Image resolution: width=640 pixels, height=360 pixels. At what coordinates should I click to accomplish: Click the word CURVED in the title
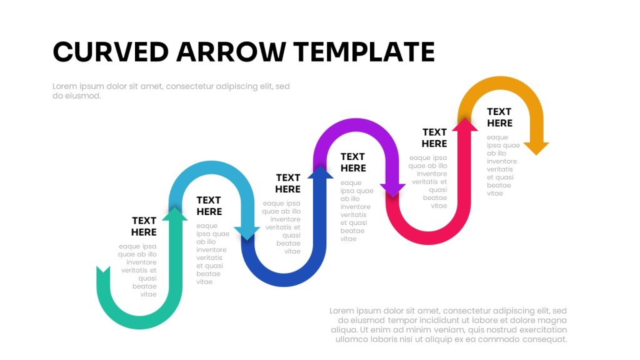point(111,52)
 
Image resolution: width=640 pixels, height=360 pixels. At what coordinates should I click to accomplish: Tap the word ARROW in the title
point(231,52)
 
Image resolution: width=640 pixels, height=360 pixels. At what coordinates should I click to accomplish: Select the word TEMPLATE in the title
point(364,52)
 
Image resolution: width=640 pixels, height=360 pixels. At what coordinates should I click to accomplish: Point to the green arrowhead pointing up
point(175,214)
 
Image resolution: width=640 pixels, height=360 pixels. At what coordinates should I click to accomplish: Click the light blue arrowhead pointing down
point(247,233)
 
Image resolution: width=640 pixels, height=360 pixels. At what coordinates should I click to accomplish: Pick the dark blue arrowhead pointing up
point(321,172)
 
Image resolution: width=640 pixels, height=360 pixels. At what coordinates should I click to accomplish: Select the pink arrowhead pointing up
point(465,124)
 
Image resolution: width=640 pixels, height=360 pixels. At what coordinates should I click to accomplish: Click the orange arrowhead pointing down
point(536,149)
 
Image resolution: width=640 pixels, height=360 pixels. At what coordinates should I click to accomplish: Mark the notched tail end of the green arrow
point(103,271)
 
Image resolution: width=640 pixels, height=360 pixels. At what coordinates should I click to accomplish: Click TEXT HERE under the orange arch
point(499,117)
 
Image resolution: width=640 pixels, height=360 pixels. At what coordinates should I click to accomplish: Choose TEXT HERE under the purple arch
point(353,162)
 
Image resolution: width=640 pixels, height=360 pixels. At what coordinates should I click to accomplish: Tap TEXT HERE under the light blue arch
point(209,206)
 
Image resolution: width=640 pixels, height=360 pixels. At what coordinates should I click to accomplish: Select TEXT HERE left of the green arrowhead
point(144,226)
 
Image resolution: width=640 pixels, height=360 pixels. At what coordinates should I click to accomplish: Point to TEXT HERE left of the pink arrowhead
point(434,138)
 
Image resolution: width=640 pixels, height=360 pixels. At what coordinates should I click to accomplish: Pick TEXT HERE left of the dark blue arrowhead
point(287,183)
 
